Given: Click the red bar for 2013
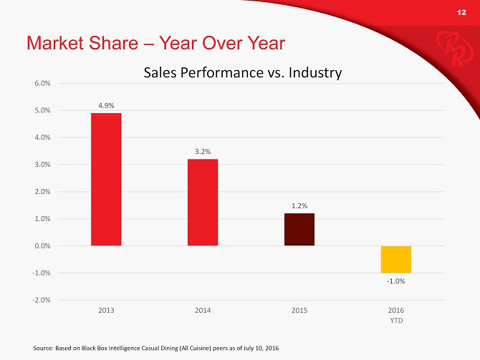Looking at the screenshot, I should pyautogui.click(x=105, y=179).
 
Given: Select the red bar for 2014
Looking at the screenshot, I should pyautogui.click(x=203, y=202).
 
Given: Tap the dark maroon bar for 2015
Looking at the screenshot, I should pyautogui.click(x=299, y=229).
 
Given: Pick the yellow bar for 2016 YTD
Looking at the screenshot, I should pyautogui.click(x=395, y=259).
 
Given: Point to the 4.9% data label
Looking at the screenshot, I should pyautogui.click(x=106, y=106).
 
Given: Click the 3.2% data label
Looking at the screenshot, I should pyautogui.click(x=203, y=151).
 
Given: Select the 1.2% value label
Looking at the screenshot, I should pyautogui.click(x=299, y=205).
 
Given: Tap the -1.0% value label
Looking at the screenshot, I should pyautogui.click(x=395, y=281).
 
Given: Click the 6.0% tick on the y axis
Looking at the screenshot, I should pyautogui.click(x=42, y=83).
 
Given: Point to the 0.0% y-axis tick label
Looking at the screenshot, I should pyautogui.click(x=42, y=245).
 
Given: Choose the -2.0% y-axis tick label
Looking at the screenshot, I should pyautogui.click(x=41, y=300).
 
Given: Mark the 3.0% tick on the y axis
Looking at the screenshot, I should pyautogui.click(x=42, y=165).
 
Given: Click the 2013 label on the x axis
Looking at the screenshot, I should pyautogui.click(x=106, y=311).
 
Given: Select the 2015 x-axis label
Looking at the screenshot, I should pyautogui.click(x=299, y=311).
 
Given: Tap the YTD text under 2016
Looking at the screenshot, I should pyautogui.click(x=395, y=320).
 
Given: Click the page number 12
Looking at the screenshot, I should pyautogui.click(x=462, y=13).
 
